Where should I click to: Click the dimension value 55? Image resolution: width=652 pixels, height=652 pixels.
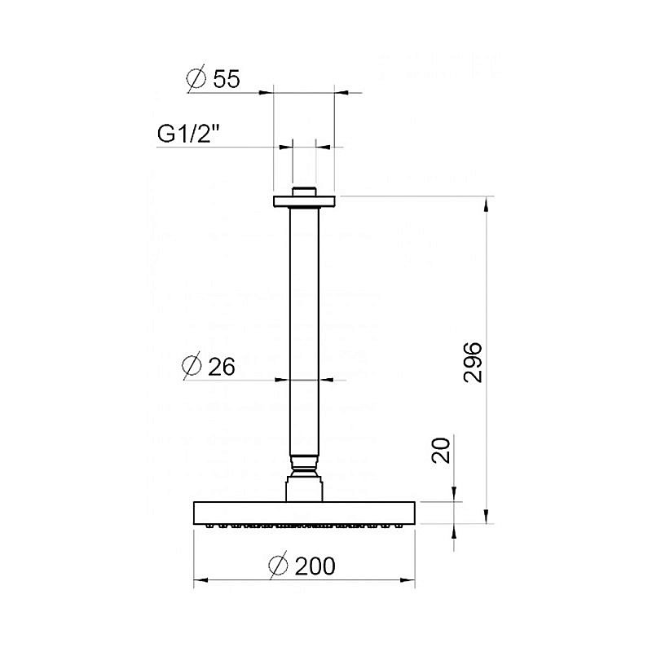pos(226,79)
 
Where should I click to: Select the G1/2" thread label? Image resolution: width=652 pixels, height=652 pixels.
pos(189,134)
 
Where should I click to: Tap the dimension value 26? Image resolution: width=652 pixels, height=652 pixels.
pos(219,367)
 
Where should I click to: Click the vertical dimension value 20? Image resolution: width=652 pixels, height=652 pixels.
pos(441,450)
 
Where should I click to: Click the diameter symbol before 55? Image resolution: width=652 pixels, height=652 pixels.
pos(196,79)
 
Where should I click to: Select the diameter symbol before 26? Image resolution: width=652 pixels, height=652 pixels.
pos(193,367)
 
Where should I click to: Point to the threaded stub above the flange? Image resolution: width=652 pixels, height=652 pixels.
pos(304,192)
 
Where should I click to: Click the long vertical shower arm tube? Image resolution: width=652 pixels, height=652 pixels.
pos(304,326)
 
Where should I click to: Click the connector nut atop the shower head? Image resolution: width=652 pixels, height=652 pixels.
pos(304,491)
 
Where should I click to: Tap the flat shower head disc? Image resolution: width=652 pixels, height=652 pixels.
pos(304,513)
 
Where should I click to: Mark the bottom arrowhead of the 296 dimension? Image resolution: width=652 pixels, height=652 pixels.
pos(487,517)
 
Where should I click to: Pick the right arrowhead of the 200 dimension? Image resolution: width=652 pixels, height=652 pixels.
pos(410,580)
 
